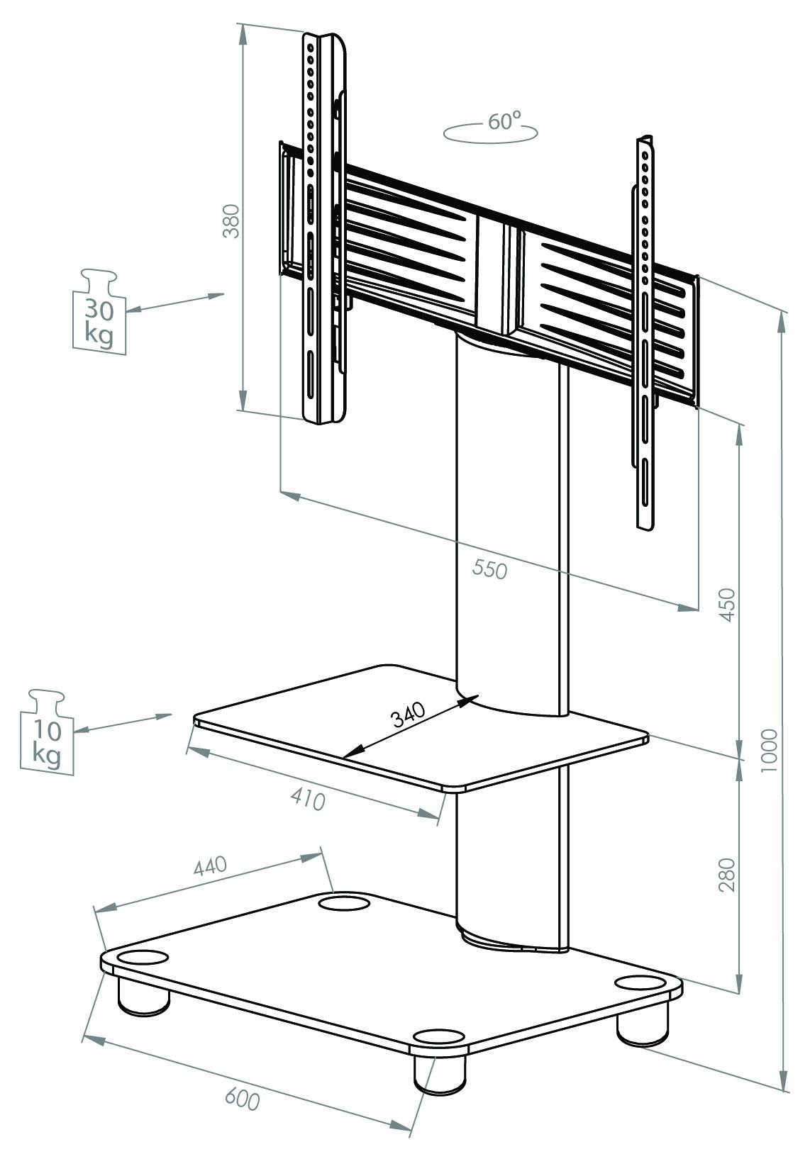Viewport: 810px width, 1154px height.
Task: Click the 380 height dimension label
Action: click(232, 221)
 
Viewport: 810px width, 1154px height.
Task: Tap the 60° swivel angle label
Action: click(504, 121)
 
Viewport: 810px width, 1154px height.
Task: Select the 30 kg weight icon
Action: click(99, 312)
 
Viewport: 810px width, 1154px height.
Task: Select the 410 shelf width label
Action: click(308, 800)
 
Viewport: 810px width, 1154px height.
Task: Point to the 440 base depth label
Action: click(209, 867)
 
